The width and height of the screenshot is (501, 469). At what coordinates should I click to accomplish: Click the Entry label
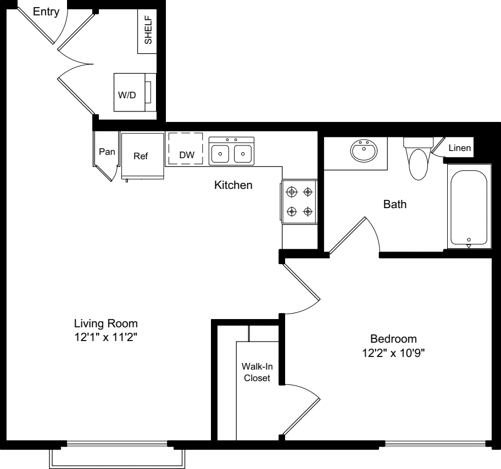(46, 12)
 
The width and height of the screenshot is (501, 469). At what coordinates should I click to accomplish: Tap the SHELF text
(148, 30)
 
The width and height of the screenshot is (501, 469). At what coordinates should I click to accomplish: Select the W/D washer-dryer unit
(135, 92)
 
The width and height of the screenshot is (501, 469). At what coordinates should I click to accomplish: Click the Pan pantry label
(107, 152)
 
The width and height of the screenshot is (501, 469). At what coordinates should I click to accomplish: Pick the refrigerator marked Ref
(142, 156)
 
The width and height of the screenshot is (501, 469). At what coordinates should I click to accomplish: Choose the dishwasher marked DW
(186, 149)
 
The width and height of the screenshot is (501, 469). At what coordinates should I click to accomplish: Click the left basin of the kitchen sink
(220, 154)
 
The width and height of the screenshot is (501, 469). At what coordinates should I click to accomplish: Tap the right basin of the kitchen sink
(243, 154)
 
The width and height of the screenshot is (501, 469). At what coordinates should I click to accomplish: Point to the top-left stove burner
(292, 192)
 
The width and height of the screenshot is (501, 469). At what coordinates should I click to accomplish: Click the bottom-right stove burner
(308, 211)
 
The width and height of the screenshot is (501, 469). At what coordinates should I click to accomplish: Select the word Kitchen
(233, 185)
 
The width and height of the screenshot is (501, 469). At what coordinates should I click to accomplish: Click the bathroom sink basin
(364, 149)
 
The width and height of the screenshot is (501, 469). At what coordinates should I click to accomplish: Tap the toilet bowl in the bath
(418, 164)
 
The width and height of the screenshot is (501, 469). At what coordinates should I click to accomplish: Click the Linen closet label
(459, 148)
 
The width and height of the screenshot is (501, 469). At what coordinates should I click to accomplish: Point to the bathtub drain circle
(469, 239)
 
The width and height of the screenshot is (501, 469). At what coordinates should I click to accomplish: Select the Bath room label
(395, 204)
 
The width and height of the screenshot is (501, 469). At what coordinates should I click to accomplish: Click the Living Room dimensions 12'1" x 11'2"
(106, 337)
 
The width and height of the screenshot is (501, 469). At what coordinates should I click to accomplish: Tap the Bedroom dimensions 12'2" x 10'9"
(393, 353)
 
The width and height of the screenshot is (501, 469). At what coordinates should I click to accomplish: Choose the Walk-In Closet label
(257, 372)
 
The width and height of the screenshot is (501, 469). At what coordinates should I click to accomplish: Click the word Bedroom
(393, 339)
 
